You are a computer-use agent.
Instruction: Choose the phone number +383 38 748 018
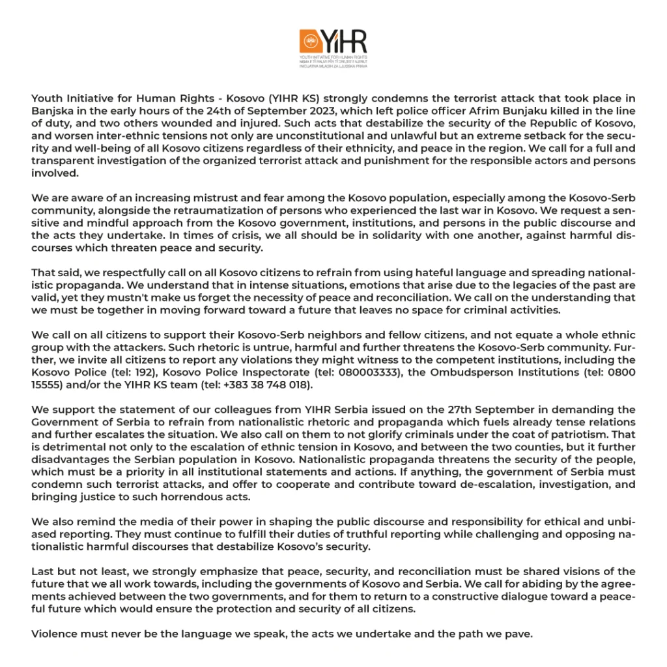pos(274,384)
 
